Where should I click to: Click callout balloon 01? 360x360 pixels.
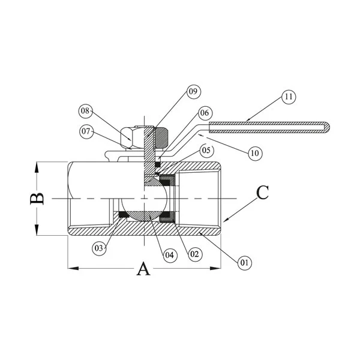point(244,262)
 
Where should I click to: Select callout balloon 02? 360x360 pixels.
point(194,254)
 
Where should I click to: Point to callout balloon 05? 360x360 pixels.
point(206,150)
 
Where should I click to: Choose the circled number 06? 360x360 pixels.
point(205,112)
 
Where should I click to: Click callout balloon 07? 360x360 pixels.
point(88,130)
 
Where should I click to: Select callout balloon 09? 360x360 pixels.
point(192,92)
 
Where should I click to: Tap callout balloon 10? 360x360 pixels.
point(255,152)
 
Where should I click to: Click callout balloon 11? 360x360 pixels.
point(289,96)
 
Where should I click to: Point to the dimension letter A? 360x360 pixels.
point(143,269)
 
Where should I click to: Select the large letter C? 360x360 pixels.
point(263,193)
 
